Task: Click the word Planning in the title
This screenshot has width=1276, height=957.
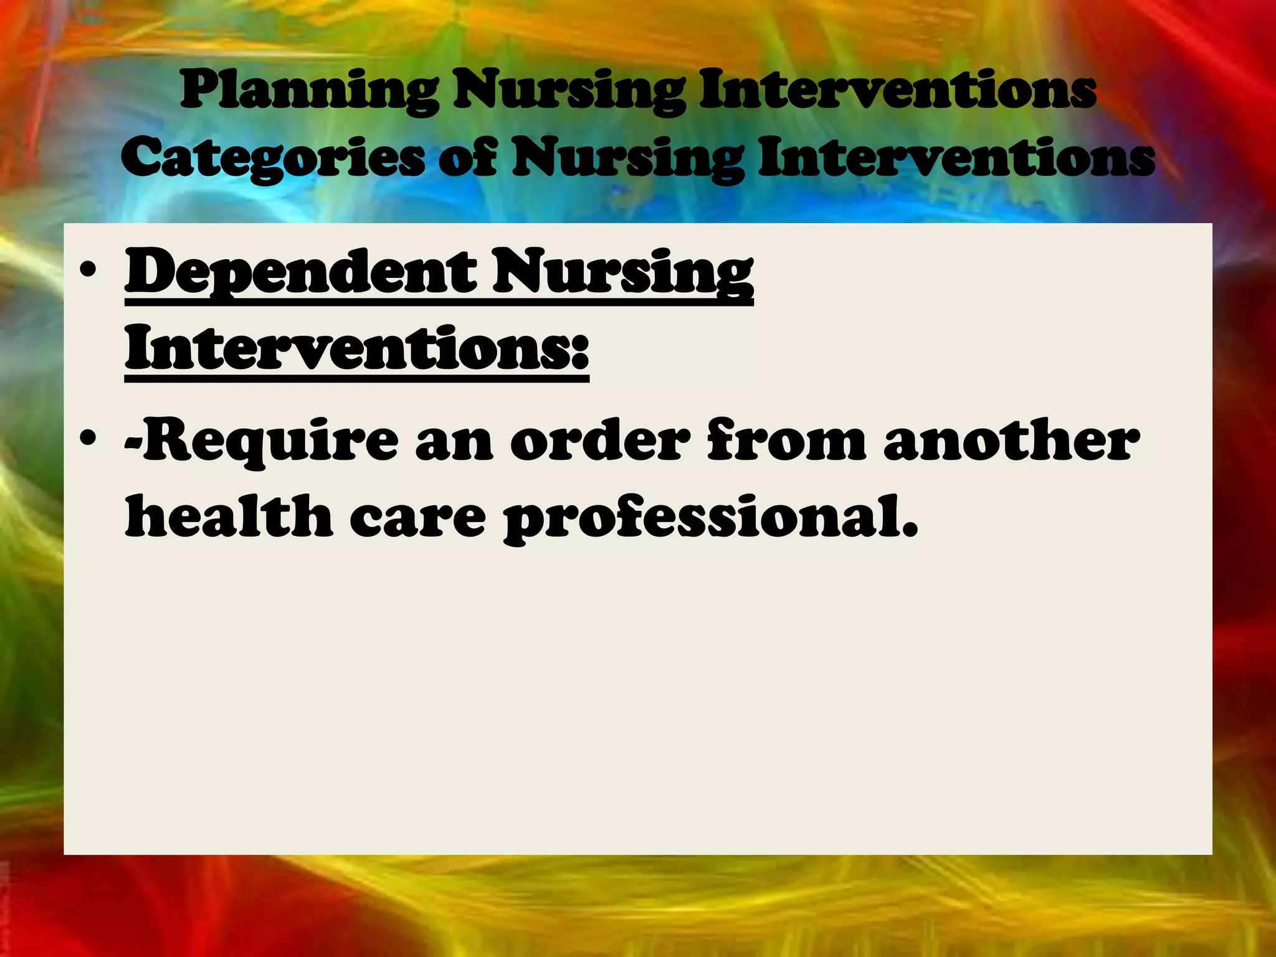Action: pos(310,91)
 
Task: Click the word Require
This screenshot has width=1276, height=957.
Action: pos(262,441)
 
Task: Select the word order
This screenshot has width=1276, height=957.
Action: pos(600,441)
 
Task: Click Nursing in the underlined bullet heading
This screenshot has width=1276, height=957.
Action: pos(623,272)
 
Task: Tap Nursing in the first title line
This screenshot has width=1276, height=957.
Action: pos(569,91)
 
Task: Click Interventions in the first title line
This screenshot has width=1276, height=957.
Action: pos(897,91)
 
